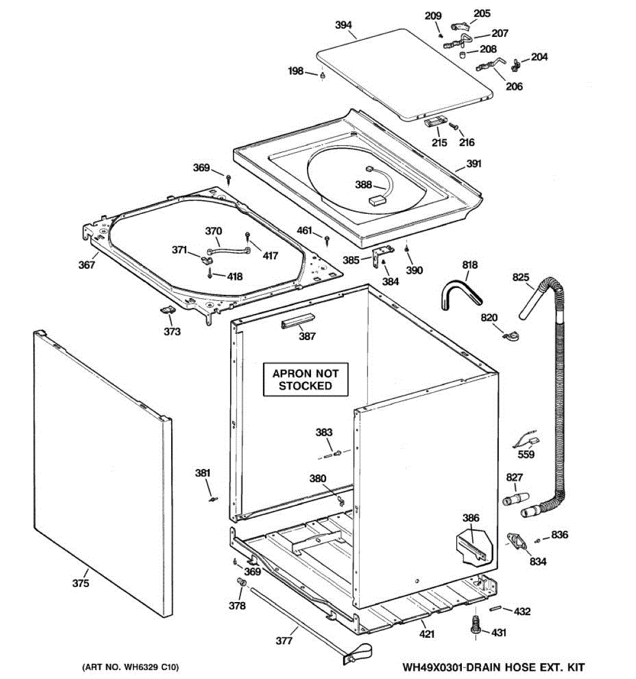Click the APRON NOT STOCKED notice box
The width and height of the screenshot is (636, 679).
click(x=305, y=380)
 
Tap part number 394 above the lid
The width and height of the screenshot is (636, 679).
click(x=344, y=25)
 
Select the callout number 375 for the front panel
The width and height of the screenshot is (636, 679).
click(x=81, y=583)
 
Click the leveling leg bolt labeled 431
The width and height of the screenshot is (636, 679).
click(x=475, y=624)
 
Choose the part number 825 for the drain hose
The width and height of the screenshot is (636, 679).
click(x=521, y=277)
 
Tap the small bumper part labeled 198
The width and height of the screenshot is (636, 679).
click(x=322, y=76)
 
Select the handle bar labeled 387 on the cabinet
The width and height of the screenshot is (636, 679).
click(x=298, y=320)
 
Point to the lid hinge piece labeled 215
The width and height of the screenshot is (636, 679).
click(x=435, y=121)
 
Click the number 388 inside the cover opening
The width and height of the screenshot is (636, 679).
click(x=364, y=184)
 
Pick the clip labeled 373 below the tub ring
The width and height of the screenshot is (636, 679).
click(x=168, y=310)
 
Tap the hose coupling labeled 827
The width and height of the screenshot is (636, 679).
click(x=516, y=499)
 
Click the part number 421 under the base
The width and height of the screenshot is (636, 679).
click(x=426, y=634)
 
